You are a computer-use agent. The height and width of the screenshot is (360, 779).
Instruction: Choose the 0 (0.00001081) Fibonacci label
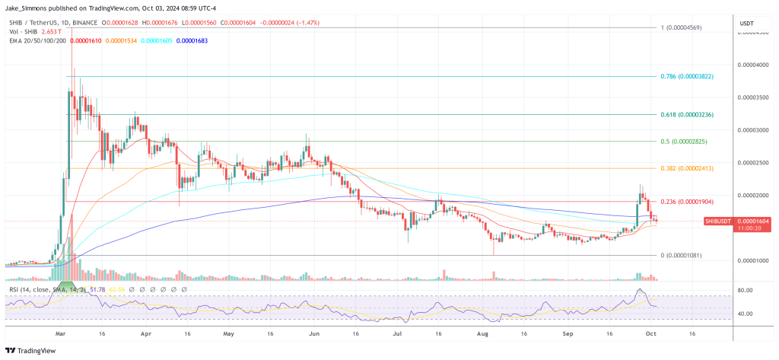(687, 255)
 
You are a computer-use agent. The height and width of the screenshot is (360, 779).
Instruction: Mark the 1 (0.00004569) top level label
(687, 28)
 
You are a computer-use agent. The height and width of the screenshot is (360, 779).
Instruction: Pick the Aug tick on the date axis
(482, 333)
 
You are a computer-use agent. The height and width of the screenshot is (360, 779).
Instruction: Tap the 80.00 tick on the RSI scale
(746, 291)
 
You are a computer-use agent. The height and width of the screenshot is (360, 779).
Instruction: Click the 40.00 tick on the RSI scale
(746, 313)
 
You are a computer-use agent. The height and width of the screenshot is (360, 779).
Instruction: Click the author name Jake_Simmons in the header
(30, 8)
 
